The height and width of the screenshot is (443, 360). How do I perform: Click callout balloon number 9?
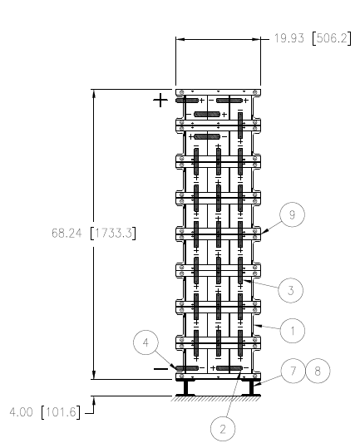pos(292,214)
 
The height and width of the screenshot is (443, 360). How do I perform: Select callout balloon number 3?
pos(290,290)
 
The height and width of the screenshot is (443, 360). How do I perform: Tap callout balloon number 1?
pos(293,331)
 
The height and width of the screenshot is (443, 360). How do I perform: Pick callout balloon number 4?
pos(145,342)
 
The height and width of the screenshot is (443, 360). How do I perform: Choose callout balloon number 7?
pos(293,371)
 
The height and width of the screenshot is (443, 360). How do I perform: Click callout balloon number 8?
pos(318,371)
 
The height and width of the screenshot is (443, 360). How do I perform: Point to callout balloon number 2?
pos(223,429)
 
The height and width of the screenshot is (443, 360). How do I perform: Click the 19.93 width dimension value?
pos(289,38)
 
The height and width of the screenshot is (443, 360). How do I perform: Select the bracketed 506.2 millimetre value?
pos(332,38)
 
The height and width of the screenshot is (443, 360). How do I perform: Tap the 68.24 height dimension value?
pos(67,234)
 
